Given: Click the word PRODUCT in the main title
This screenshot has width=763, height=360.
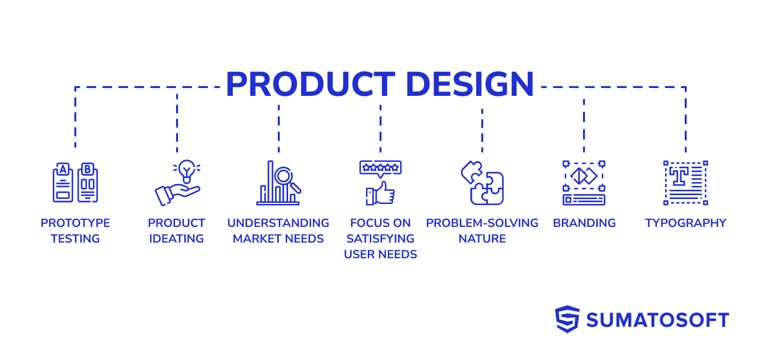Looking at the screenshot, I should pyautogui.click(x=310, y=85).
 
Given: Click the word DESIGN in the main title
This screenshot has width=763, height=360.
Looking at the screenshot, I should pyautogui.click(x=470, y=85).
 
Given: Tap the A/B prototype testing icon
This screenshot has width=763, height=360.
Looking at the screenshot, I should pyautogui.click(x=75, y=182).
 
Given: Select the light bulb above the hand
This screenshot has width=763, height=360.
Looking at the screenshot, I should pyautogui.click(x=186, y=170).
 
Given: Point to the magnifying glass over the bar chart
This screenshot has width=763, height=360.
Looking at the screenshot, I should pyautogui.click(x=285, y=177).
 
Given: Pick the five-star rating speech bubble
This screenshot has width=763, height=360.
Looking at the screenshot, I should pyautogui.click(x=381, y=168).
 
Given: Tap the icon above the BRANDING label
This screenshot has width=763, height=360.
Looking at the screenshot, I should pyautogui.click(x=584, y=182).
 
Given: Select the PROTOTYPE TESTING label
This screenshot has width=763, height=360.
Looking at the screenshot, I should pyautogui.click(x=75, y=231).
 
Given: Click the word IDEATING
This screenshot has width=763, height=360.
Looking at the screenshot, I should pyautogui.click(x=177, y=239).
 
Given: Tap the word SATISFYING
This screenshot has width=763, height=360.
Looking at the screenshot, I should pyautogui.click(x=381, y=239).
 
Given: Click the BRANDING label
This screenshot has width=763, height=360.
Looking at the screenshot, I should pyautogui.click(x=584, y=223).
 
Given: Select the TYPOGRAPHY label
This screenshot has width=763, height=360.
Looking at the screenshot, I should pyautogui.click(x=686, y=223).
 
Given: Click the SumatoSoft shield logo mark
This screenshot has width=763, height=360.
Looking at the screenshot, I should pyautogui.click(x=567, y=319).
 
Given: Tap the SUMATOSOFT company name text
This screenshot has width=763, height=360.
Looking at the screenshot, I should pyautogui.click(x=658, y=320).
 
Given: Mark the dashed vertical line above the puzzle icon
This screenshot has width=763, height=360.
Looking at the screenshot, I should pyautogui.click(x=482, y=130).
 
